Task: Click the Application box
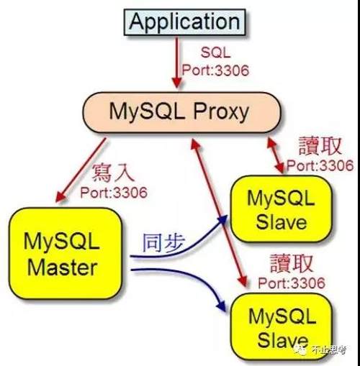(x=184, y=22)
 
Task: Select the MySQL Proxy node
(x=181, y=112)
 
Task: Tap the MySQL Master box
(x=66, y=253)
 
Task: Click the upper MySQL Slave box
(x=282, y=209)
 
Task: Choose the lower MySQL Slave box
(x=282, y=327)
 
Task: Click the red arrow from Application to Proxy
(x=177, y=63)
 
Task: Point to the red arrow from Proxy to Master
(x=81, y=170)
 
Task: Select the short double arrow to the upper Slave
(x=276, y=155)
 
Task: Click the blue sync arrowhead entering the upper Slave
(x=222, y=220)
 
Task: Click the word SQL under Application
(x=215, y=52)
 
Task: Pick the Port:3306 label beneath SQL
(x=215, y=70)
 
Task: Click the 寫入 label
(x=113, y=173)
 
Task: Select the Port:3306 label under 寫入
(x=114, y=193)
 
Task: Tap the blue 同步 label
(x=164, y=243)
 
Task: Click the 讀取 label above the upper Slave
(x=320, y=146)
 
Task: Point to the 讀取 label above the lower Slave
(x=292, y=264)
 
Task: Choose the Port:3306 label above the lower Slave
(x=292, y=283)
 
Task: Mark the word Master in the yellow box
(x=63, y=268)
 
